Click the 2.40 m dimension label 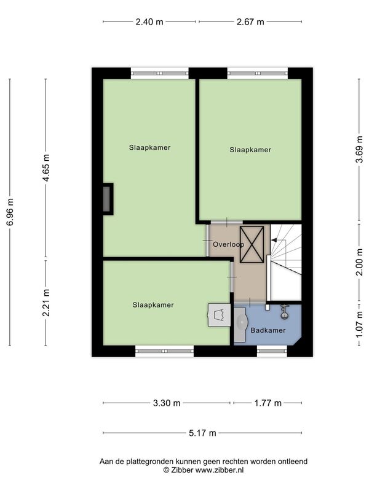pyautogui.click(x=149, y=22)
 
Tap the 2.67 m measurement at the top pyautogui.click(x=250, y=22)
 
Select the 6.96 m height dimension pyautogui.click(x=10, y=212)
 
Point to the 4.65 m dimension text pyautogui.click(x=46, y=168)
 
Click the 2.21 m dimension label pyautogui.click(x=46, y=303)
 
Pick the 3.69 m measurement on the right pyautogui.click(x=359, y=149)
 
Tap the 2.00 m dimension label pyautogui.click(x=359, y=262)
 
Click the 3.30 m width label pyautogui.click(x=167, y=403)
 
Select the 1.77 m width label pyautogui.click(x=268, y=403)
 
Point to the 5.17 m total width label pyautogui.click(x=202, y=433)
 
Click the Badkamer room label pyautogui.click(x=268, y=330)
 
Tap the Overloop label pyautogui.click(x=228, y=244)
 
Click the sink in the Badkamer pyautogui.click(x=241, y=324)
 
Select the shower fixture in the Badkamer pyautogui.click(x=284, y=312)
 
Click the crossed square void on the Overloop pyautogui.click(x=252, y=244)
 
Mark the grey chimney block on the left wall pyautogui.click(x=107, y=198)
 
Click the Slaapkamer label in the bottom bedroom pyautogui.click(x=153, y=305)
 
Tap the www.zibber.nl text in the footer pyautogui.click(x=220, y=470)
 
